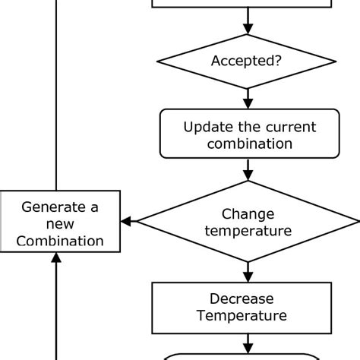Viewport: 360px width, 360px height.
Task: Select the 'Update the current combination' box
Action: coord(248,134)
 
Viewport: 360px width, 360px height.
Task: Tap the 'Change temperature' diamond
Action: coord(248,221)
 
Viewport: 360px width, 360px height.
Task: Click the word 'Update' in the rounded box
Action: coord(208,126)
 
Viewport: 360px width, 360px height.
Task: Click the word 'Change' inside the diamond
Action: coord(248,213)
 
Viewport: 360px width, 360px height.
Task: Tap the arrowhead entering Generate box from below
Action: coord(56,258)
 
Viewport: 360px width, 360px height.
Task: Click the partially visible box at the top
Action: coord(242,4)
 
